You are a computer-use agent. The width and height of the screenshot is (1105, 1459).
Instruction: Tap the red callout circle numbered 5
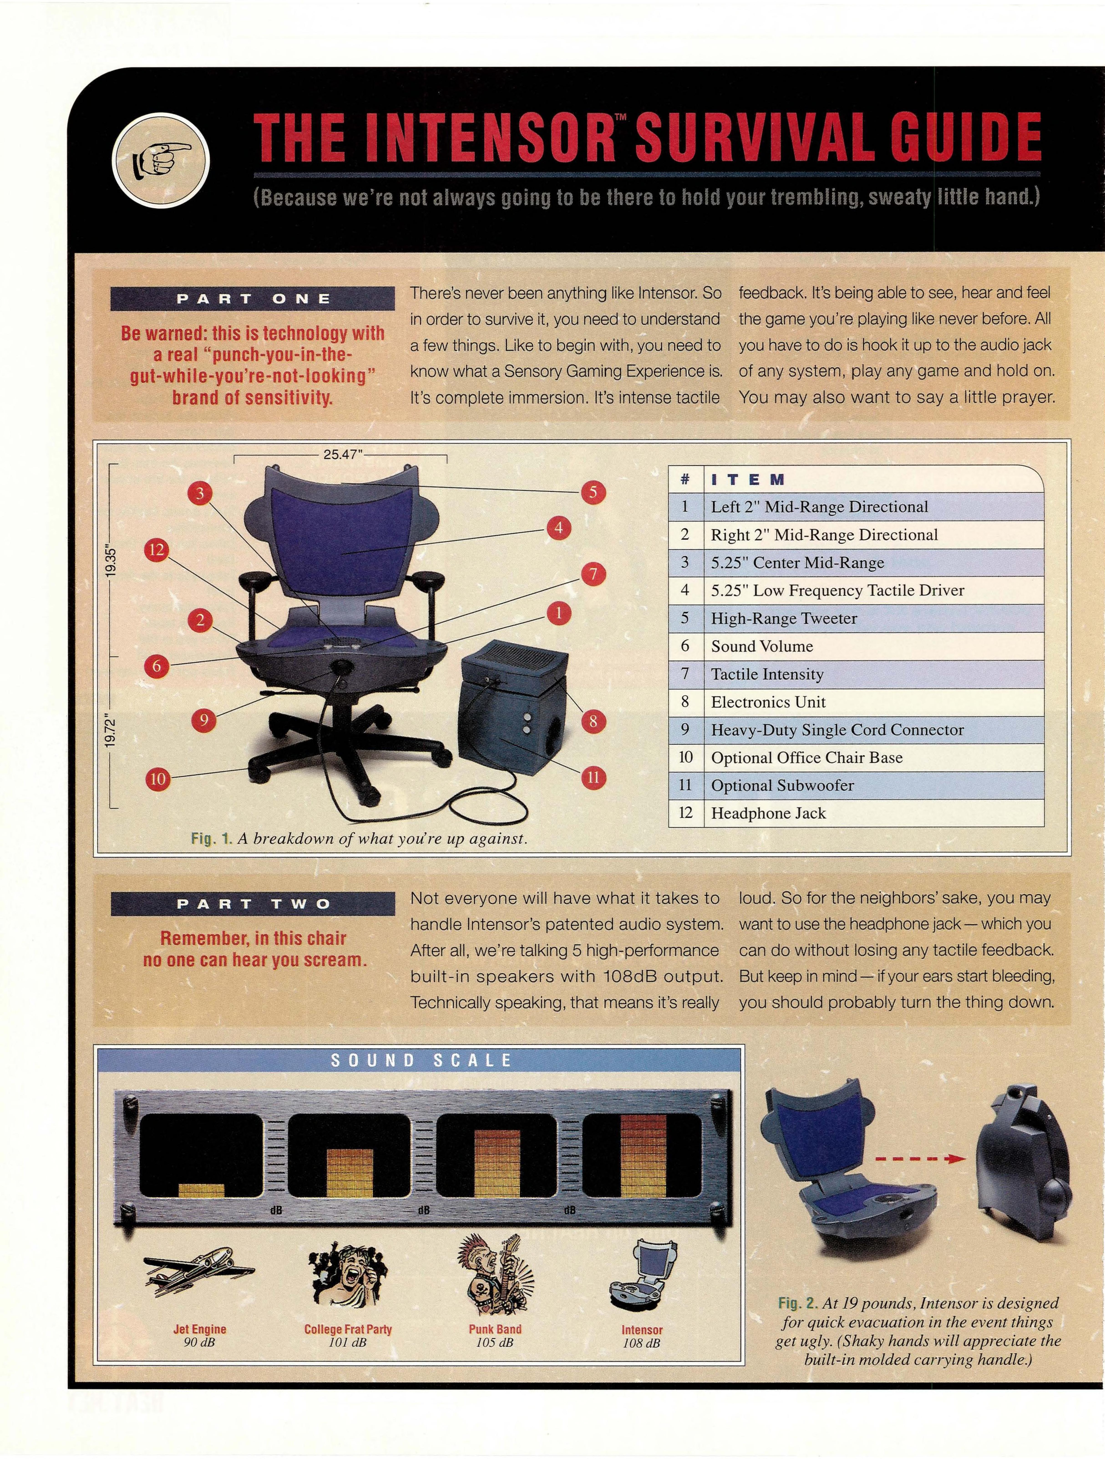coord(592,492)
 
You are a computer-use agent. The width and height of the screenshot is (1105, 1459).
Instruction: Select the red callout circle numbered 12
coord(156,550)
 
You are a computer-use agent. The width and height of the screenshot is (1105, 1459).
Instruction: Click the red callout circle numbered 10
coord(158,779)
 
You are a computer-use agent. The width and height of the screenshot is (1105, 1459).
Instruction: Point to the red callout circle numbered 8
coord(593,722)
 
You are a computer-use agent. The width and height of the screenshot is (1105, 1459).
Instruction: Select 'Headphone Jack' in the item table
coord(768,813)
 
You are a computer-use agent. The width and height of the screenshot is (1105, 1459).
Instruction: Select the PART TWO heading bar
coord(253,904)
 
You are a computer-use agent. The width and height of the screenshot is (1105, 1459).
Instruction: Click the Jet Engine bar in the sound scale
coord(201,1190)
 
